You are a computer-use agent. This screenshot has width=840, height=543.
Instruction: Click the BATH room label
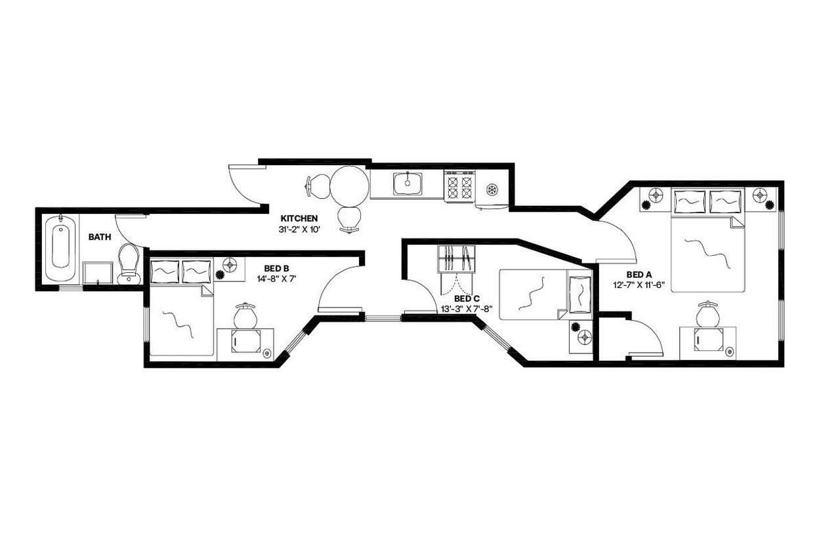tap(100, 237)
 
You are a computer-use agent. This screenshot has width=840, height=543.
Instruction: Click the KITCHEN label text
tap(299, 218)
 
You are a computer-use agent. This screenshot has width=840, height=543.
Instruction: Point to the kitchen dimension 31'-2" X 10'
tap(299, 230)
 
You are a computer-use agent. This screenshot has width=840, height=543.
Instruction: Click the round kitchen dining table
tap(348, 186)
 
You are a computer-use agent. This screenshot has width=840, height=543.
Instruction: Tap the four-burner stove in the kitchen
tap(459, 185)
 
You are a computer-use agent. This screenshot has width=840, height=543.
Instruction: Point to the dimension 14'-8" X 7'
tap(277, 278)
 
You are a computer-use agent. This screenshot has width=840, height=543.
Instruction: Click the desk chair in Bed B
tap(246, 315)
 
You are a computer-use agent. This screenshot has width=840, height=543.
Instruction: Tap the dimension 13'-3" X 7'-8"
tap(467, 308)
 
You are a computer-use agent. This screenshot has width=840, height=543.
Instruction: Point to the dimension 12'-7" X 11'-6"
tap(639, 285)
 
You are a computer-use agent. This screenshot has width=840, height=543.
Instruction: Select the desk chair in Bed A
tap(707, 315)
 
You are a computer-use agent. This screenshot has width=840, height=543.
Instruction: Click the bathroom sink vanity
tap(98, 273)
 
